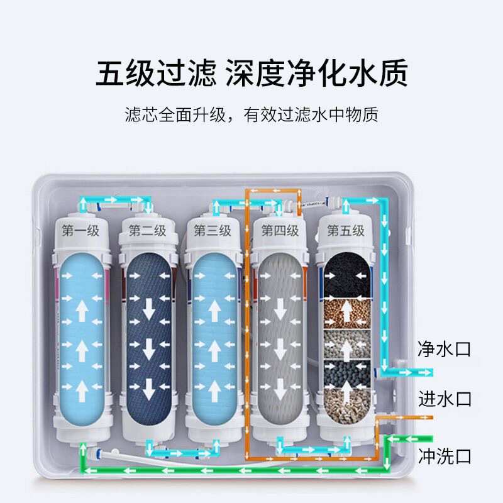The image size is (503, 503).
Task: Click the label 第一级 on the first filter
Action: click(81, 231)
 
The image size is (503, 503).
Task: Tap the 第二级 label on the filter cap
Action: click(148, 231)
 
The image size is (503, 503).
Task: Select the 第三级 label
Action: click(213, 231)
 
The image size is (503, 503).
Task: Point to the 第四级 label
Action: click(280, 231)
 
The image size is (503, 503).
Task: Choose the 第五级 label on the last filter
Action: click(345, 231)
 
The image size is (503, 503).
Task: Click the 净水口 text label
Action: click(445, 349)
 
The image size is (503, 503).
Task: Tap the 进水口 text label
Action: click(445, 398)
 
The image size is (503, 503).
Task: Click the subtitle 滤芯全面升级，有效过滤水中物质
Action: click(251, 116)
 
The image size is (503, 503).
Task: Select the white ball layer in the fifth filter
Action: click(345, 343)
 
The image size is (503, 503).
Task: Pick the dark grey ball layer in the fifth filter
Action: click(345, 373)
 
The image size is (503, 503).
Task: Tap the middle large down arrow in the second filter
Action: click(148, 347)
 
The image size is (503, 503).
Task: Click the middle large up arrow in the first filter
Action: click(82, 347)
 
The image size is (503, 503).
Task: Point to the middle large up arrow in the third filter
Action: click(214, 347)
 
